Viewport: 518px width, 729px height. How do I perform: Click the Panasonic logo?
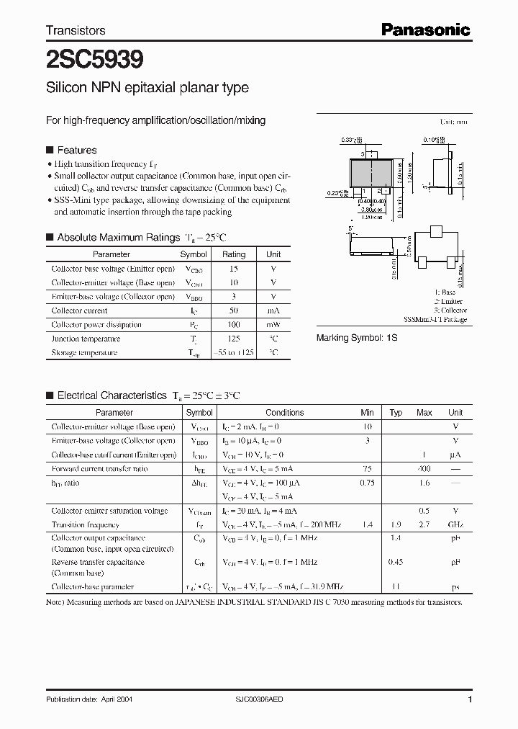click(425, 30)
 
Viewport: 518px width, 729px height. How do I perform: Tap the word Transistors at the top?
click(76, 30)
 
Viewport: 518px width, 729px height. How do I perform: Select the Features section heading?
click(76, 150)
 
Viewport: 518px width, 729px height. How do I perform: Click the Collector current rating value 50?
click(233, 310)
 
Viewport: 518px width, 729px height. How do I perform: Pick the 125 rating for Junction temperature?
click(233, 339)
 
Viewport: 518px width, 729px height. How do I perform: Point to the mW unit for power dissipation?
click(273, 325)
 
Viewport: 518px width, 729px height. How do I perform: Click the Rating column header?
click(233, 254)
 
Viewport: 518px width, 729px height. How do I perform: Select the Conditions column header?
click(284, 413)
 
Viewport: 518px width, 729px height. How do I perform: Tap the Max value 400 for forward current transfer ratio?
click(424, 469)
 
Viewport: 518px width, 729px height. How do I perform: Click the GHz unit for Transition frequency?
click(455, 524)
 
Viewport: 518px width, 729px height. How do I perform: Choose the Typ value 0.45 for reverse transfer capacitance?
click(395, 561)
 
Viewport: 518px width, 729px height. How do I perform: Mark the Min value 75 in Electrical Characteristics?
click(367, 469)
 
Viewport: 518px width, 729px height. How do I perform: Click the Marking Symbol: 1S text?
click(357, 337)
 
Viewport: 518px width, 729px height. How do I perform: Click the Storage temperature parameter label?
click(84, 353)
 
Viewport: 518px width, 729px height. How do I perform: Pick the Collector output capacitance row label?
click(98, 538)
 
